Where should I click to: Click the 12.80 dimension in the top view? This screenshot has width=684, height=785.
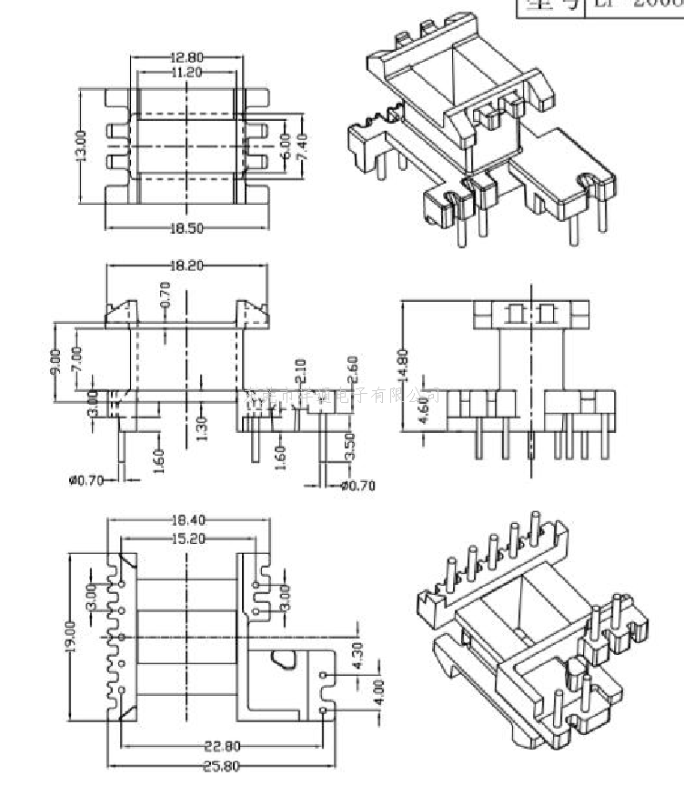(x=186, y=56)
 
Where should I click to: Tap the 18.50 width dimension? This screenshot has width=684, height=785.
(x=186, y=228)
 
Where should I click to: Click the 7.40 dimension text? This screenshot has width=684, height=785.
(x=302, y=144)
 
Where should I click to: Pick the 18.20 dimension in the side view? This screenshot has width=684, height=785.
(x=186, y=266)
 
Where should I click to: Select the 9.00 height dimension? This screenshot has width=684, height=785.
(x=56, y=362)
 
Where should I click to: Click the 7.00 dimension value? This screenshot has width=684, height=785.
(x=76, y=362)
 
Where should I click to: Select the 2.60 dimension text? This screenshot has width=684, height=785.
(x=352, y=369)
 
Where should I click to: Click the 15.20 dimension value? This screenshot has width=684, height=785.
(x=188, y=538)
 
